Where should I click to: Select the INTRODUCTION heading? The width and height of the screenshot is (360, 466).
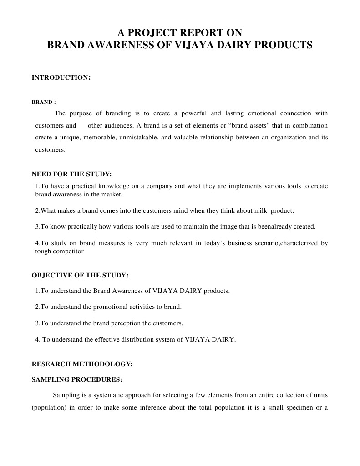[x=61, y=77]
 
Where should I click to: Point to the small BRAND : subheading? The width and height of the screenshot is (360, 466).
[x=44, y=102]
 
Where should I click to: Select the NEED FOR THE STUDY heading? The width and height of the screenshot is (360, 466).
[x=71, y=174]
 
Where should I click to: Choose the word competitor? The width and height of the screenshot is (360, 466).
[x=67, y=251]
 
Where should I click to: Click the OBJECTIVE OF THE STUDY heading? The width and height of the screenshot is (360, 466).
[x=80, y=275]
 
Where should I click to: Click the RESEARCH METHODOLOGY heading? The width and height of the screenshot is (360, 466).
[x=82, y=364]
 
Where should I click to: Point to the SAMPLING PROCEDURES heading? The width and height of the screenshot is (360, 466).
[x=76, y=379]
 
